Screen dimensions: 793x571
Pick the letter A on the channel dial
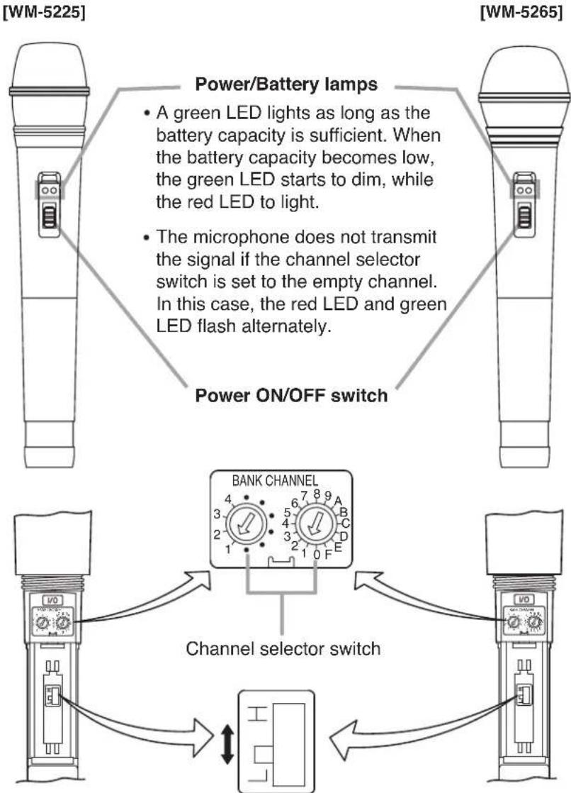pyautogui.click(x=338, y=499)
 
